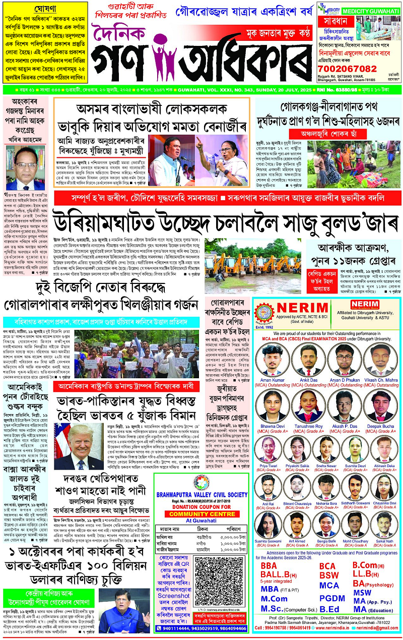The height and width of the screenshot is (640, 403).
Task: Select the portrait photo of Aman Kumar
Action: tap(272, 358)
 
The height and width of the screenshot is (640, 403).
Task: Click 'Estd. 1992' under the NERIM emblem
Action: tap(265, 326)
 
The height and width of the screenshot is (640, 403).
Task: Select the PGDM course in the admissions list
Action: tap(332, 598)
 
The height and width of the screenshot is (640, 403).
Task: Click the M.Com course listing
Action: tap(274, 599)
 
